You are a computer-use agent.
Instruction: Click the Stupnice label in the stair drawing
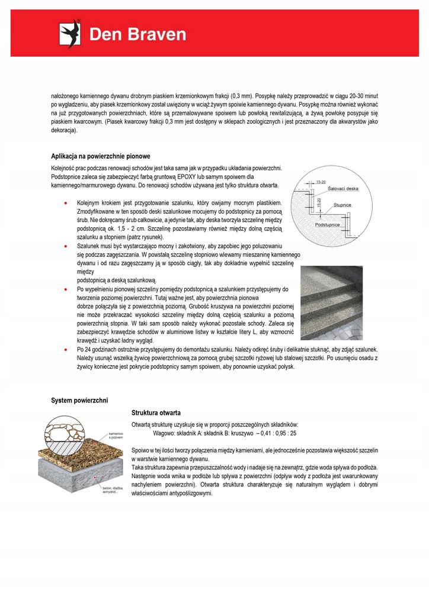tap(342, 204)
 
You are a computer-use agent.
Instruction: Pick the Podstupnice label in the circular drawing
tap(328, 225)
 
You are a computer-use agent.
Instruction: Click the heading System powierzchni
tap(79, 401)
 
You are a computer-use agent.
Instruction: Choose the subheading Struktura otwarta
tap(156, 412)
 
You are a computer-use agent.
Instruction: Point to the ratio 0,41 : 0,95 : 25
tap(277, 433)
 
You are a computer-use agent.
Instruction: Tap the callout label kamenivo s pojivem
tap(116, 437)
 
